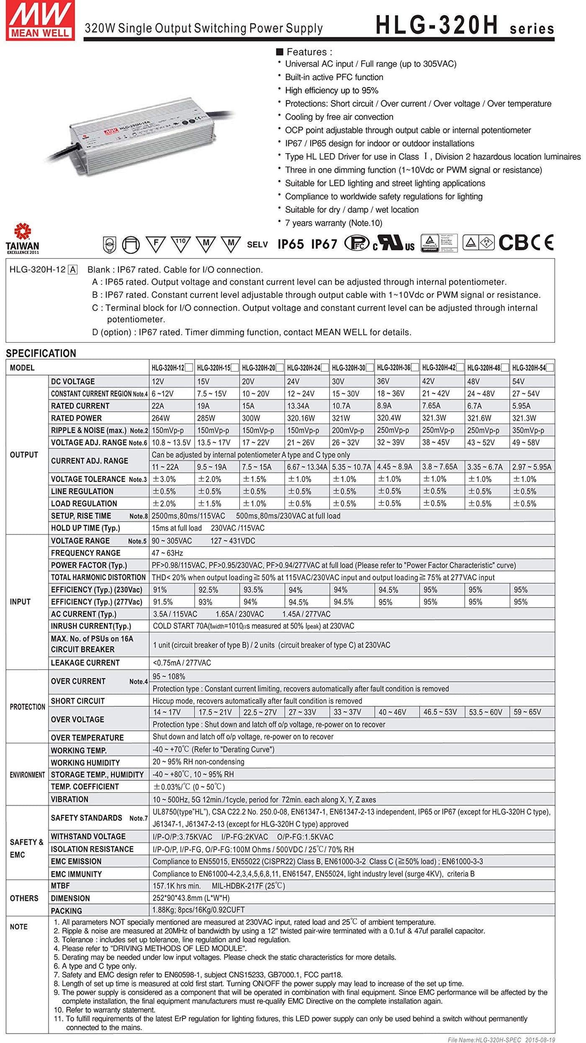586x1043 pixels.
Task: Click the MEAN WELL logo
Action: tap(40, 20)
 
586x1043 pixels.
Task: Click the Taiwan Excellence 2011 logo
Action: tap(23, 239)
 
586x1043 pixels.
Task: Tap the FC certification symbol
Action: tap(357, 243)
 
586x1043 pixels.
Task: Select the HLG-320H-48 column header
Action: tap(484, 368)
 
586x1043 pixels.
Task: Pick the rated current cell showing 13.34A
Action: tap(298, 406)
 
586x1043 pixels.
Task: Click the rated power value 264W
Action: tap(161, 418)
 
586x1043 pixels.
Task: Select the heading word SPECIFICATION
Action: tap(41, 353)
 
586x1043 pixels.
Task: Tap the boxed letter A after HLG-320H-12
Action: tap(73, 270)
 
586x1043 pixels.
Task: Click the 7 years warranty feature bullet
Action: tap(333, 223)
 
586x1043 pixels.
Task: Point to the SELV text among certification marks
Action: tap(257, 244)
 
